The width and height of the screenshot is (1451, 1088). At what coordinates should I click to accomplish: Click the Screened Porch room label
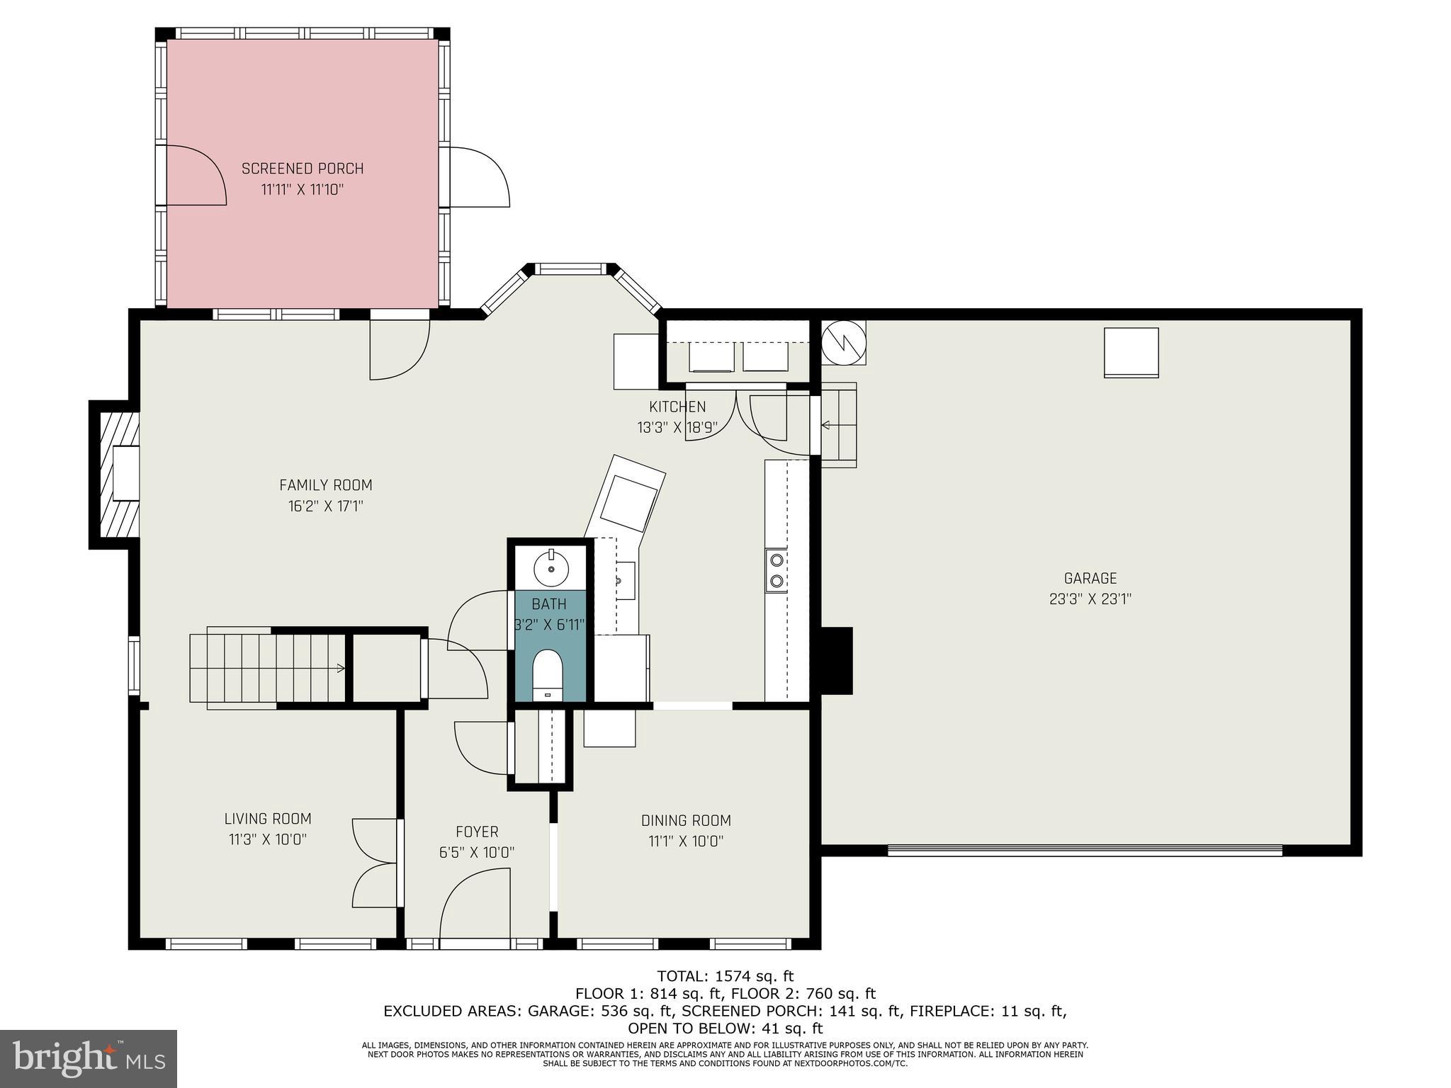[x=303, y=169]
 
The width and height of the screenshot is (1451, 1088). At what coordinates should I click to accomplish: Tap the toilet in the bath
[x=547, y=675]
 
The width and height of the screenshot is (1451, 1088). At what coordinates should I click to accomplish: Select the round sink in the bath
[x=551, y=567]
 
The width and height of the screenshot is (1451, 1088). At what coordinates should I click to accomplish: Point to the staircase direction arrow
[x=340, y=667]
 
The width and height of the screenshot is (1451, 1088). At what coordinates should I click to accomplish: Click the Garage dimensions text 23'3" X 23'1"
[x=1090, y=599]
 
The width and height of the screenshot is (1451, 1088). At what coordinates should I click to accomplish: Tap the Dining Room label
[x=686, y=820]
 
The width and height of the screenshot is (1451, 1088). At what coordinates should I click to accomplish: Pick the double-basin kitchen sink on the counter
[x=777, y=571]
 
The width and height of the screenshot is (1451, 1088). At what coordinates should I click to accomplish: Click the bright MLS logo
[x=88, y=1059]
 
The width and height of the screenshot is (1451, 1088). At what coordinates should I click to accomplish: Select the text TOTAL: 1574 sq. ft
[x=725, y=977]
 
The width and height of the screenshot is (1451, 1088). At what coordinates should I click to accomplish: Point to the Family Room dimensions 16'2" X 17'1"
[x=325, y=506]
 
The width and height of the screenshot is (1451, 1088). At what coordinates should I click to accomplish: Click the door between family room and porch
[x=399, y=347]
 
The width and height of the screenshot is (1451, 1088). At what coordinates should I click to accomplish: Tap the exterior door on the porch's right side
[x=478, y=177]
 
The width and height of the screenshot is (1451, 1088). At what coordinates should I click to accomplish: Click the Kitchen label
[x=677, y=407]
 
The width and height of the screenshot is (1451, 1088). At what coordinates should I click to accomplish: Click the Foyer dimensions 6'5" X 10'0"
[x=476, y=852]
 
